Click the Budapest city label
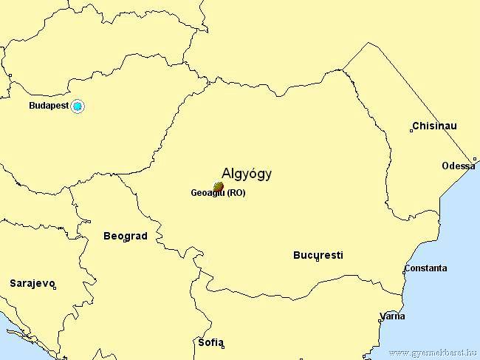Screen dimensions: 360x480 [x=48, y=106]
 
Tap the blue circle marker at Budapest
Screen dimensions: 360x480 [x=78, y=106]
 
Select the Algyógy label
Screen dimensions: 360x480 [x=247, y=174]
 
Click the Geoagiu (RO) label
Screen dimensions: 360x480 [x=218, y=194]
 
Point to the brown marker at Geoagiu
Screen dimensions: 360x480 [x=218, y=186]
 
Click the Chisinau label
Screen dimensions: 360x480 [x=436, y=126]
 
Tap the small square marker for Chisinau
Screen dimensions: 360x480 [x=411, y=131]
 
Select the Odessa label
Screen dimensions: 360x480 [x=458, y=166]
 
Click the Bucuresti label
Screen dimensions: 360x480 [x=318, y=256]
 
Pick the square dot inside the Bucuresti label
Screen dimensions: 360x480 [x=318, y=259]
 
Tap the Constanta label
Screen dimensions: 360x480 [x=425, y=268]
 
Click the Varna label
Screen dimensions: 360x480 [x=392, y=316]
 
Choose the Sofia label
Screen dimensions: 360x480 [x=210, y=342]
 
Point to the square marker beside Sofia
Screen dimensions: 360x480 [x=222, y=346]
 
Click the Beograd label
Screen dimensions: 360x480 [x=125, y=237]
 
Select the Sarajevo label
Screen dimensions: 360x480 [x=32, y=283]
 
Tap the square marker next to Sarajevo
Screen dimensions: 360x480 [x=55, y=288]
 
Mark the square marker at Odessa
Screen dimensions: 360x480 [x=475, y=159]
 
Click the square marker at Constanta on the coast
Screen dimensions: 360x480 [x=404, y=272]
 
